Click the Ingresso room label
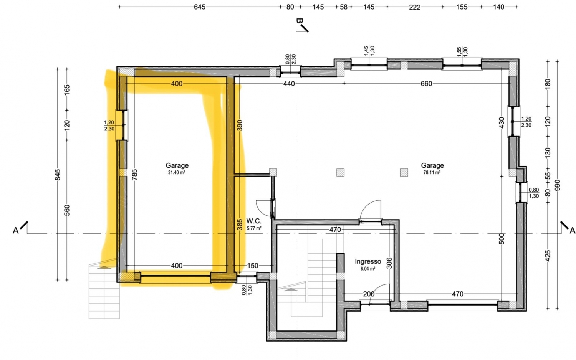click(368, 261)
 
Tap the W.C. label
click(254, 221)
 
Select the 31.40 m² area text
click(177, 173)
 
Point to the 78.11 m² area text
click(432, 173)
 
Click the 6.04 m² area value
click(368, 269)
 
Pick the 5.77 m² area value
click(254, 228)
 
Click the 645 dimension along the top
click(200, 7)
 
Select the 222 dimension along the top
click(414, 7)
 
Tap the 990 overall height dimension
click(557, 185)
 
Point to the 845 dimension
click(58, 175)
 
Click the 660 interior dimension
click(426, 84)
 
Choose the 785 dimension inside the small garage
click(134, 175)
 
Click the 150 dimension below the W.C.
click(253, 266)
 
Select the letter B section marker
click(299, 21)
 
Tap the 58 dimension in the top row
click(344, 7)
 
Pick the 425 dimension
click(548, 256)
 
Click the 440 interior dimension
click(289, 84)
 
